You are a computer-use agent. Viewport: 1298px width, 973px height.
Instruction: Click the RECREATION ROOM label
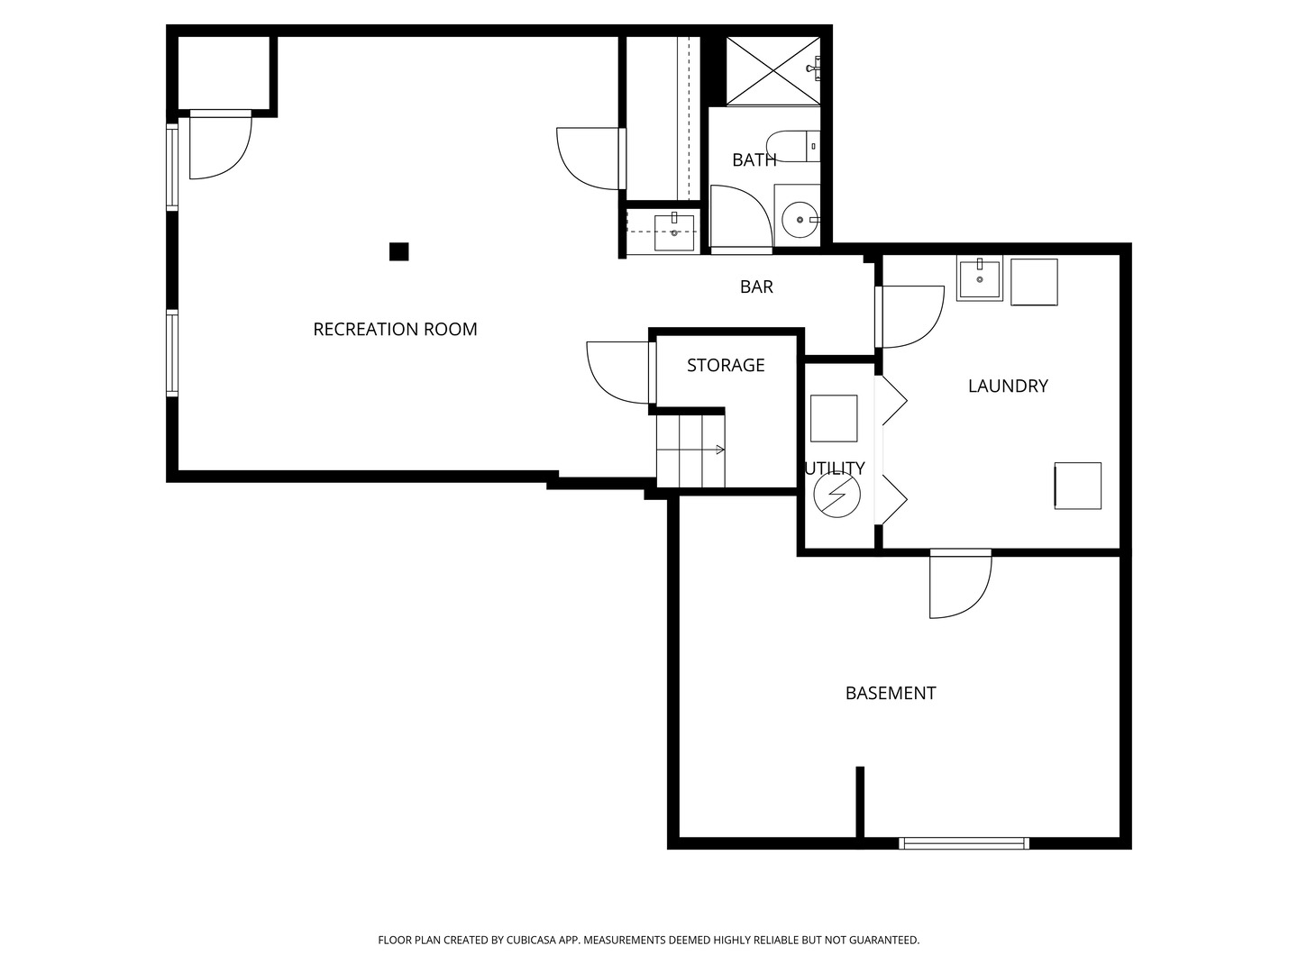[395, 329]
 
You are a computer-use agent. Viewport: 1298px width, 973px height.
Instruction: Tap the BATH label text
[754, 159]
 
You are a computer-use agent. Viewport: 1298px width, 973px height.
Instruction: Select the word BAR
[756, 286]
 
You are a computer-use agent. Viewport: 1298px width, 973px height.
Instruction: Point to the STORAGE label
[726, 365]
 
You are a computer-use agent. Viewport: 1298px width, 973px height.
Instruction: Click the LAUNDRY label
[1008, 386]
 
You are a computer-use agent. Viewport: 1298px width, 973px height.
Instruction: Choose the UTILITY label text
[835, 468]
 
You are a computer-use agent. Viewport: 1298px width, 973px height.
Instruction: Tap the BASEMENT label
[891, 693]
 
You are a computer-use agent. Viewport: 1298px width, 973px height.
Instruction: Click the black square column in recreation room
[398, 251]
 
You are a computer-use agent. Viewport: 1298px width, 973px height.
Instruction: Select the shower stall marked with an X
[772, 71]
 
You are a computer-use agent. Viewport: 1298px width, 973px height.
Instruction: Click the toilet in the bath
[793, 147]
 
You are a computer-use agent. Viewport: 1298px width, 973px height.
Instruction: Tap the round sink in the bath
[800, 220]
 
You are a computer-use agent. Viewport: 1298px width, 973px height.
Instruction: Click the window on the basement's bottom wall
[964, 843]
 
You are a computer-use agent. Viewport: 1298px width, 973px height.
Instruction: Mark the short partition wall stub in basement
[860, 802]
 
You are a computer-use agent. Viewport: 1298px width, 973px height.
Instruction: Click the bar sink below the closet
[674, 232]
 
